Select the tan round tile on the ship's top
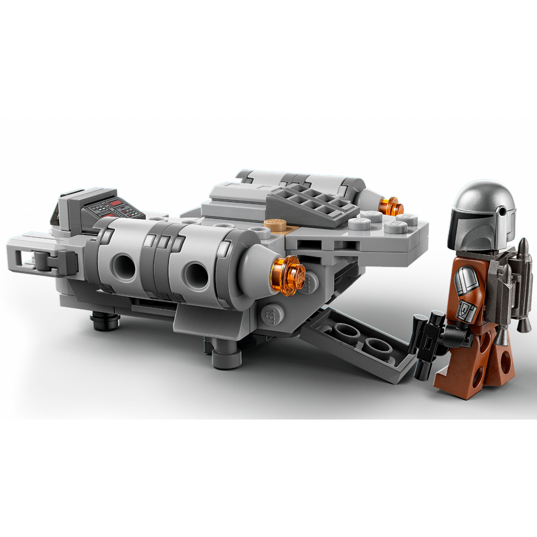coord(274,224)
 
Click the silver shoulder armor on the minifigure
coord(466,281)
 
